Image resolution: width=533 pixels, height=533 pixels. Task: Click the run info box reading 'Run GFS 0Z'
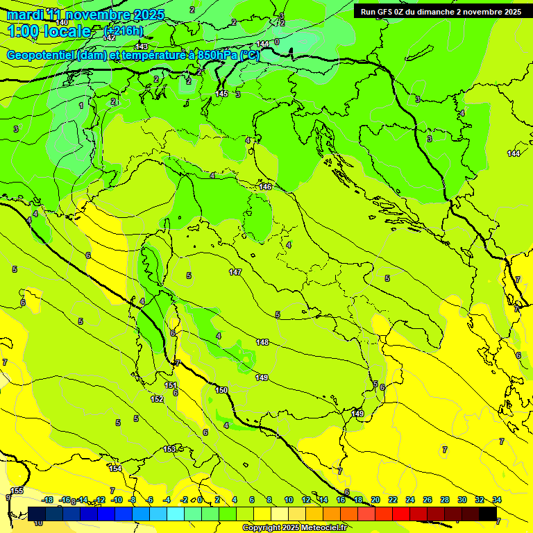click(x=441, y=12)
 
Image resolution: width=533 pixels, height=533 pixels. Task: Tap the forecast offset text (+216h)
click(x=124, y=31)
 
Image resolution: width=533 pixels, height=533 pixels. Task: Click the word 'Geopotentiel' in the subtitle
click(x=41, y=56)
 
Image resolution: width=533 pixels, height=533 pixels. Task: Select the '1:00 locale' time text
click(x=49, y=31)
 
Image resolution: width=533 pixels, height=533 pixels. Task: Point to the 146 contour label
click(x=265, y=187)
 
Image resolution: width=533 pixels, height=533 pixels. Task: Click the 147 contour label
click(x=235, y=272)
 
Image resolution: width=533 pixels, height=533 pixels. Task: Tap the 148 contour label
click(x=262, y=342)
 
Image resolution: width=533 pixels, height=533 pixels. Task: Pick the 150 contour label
click(x=221, y=391)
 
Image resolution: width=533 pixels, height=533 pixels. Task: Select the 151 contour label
click(x=171, y=385)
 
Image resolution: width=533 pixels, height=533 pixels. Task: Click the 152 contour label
click(x=157, y=399)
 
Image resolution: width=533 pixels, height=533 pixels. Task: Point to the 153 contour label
click(x=169, y=450)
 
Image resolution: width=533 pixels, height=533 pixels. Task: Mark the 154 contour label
click(x=115, y=469)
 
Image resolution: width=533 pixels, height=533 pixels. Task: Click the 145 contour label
click(x=221, y=94)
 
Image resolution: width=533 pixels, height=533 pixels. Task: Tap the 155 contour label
click(x=17, y=491)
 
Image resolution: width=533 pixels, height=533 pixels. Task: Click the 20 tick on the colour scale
click(x=375, y=500)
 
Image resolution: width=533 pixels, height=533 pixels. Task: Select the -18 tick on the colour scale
click(x=47, y=500)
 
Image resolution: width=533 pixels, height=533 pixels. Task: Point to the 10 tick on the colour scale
click(x=289, y=500)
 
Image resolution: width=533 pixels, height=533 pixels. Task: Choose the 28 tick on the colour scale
click(x=445, y=500)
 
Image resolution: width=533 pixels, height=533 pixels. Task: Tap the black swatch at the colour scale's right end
click(x=488, y=514)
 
